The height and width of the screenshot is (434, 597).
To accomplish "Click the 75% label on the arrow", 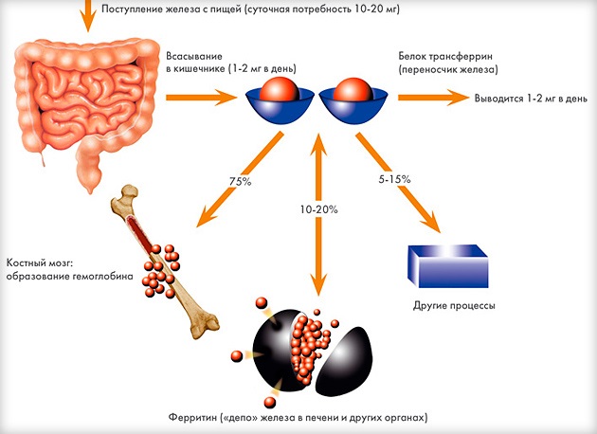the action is click(241, 182).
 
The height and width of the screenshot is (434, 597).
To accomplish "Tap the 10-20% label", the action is click(318, 209).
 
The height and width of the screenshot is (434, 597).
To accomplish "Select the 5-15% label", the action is click(394, 179).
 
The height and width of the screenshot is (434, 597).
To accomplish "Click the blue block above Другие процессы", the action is click(447, 266).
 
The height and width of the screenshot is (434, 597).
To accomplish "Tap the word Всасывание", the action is click(194, 56).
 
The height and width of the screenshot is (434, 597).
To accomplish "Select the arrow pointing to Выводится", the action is click(434, 98).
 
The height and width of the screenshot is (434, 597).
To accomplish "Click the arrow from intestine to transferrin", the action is click(202, 98).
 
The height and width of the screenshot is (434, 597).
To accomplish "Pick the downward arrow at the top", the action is click(88, 15).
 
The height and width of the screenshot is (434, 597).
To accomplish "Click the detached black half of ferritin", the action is click(344, 361).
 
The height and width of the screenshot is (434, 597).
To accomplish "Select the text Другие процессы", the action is click(454, 306).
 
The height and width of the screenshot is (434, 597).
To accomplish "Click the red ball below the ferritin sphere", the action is click(270, 403).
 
